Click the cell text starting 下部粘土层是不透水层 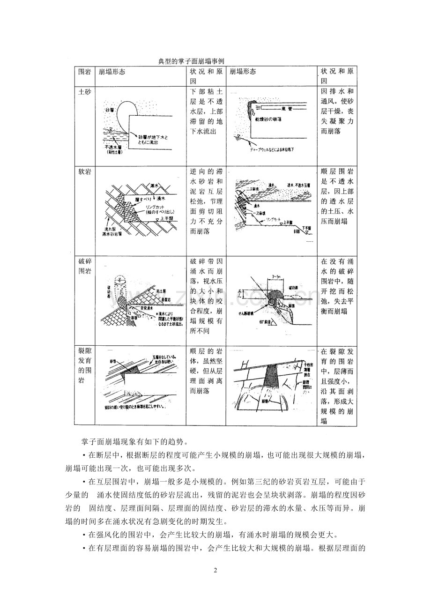tap(206, 112)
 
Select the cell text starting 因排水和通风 tap(336, 112)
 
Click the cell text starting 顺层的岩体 tap(206, 371)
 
